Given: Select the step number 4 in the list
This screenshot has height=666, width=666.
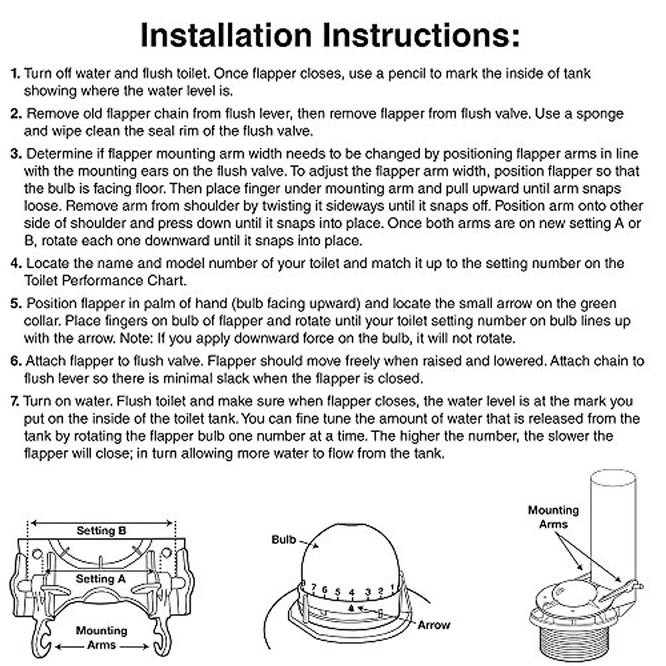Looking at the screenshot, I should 16,264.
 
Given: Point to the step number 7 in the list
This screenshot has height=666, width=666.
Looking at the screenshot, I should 16,401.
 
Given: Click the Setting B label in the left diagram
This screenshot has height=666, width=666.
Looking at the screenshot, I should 102,531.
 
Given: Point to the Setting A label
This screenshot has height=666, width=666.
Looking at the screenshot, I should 100,579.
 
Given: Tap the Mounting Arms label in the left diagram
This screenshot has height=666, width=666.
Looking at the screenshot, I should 101,638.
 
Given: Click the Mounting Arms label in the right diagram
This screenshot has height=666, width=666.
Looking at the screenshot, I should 553,517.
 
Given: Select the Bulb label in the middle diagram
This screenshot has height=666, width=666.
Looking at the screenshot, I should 284,539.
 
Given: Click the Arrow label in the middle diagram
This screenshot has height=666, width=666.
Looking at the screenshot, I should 433,625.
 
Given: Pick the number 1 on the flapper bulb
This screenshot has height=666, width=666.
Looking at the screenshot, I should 392,587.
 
